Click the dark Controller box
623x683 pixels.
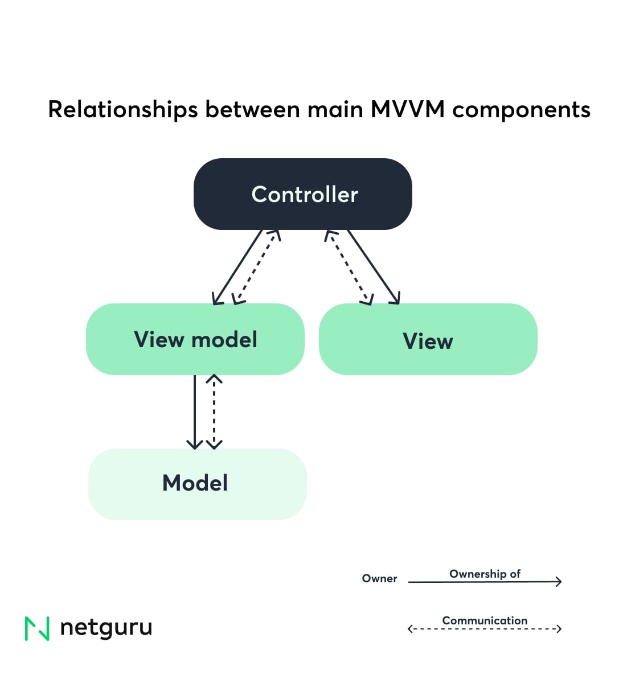302,194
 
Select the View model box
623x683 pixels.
195,339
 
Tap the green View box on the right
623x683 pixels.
428,340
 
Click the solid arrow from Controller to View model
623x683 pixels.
237,267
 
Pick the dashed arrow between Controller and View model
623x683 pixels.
257,267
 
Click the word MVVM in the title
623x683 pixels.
407,109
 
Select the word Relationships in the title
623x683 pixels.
122,109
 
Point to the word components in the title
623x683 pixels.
521,109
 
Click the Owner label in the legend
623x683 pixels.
379,578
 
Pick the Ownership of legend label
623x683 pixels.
485,574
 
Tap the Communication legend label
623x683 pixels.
485,620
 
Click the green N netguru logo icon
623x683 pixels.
37,628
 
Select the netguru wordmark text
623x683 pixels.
106,627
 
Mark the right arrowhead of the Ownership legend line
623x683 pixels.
559,581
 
